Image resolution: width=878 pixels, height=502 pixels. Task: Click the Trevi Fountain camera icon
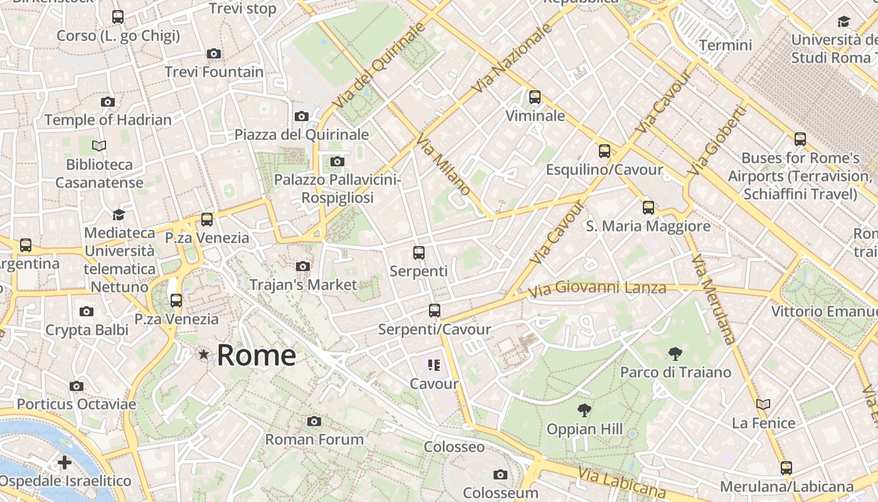[x=214, y=54]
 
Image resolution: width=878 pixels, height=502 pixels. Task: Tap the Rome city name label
[x=256, y=355]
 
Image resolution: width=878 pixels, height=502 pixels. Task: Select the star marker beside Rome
[x=203, y=355]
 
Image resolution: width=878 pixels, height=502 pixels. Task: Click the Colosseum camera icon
[x=500, y=474]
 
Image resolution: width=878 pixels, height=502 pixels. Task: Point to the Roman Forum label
[x=314, y=439]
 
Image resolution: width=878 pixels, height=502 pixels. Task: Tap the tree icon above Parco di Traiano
[x=675, y=354]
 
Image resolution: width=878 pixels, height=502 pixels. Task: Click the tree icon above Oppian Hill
[x=584, y=411]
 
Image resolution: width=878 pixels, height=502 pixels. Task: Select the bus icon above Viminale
[x=534, y=97]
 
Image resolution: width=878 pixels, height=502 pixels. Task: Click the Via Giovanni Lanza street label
[x=596, y=289]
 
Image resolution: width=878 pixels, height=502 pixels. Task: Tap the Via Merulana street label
[x=713, y=299]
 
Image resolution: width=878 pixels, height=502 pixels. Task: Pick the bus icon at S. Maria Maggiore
[x=648, y=207]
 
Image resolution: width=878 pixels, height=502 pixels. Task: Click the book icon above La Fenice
[x=763, y=404]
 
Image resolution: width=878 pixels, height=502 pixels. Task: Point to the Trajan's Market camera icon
[x=303, y=266]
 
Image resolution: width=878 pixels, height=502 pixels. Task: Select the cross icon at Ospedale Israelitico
[x=64, y=463]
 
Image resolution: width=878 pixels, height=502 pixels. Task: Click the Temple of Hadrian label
[x=108, y=120]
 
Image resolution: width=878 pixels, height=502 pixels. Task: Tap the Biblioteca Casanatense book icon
[x=98, y=146]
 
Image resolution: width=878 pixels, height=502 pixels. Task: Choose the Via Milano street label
[x=443, y=166]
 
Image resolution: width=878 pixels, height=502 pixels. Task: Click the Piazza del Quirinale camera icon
[x=302, y=116]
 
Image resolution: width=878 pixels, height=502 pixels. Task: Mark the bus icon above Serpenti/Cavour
[x=434, y=310]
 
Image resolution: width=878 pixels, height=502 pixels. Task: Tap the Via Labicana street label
[x=621, y=483]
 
